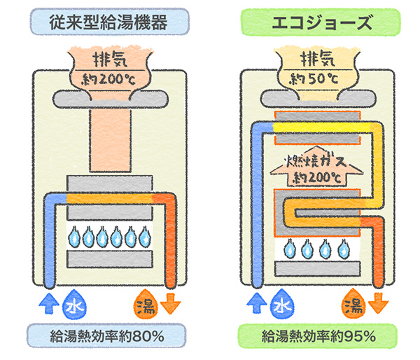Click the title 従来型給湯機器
108,21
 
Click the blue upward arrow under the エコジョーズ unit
253,303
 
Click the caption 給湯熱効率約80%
108,337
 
